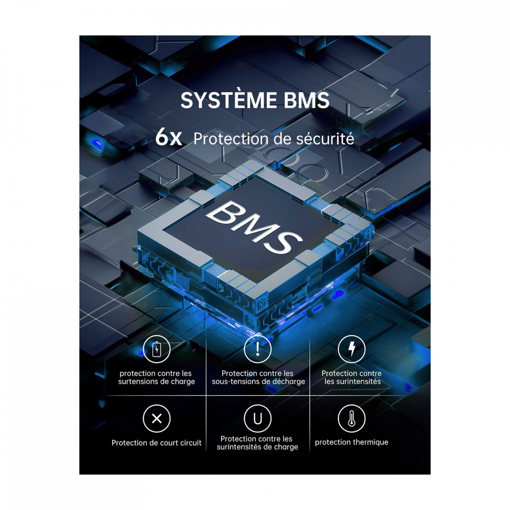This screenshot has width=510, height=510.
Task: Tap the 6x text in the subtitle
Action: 168,138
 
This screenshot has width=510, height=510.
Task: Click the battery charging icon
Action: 156,349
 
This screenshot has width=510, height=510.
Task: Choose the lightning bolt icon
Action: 352,349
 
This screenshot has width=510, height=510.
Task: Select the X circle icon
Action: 157,419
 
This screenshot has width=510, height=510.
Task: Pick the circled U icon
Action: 258,419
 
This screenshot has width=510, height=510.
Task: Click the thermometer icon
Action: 352,419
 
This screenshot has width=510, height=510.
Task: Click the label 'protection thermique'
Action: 352,442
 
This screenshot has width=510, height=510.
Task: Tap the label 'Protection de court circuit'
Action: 156,443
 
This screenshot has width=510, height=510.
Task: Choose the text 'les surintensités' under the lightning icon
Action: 353,382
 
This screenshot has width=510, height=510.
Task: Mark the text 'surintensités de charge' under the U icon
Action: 257,447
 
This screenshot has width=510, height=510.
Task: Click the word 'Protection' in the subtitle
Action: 223,139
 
